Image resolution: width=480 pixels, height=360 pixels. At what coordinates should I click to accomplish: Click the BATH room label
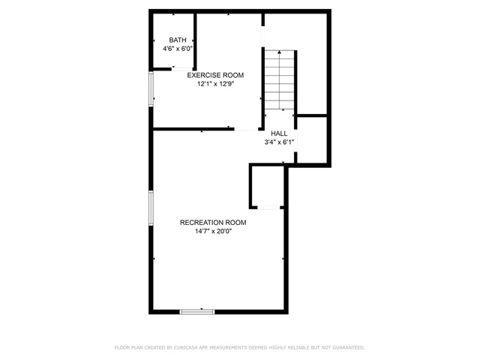[x=178, y=40]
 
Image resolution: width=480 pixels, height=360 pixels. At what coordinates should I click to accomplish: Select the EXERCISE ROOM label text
[x=215, y=75]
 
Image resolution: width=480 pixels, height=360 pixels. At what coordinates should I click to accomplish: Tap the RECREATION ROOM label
[x=213, y=223]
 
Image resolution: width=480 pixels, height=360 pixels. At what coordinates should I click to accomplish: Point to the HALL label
[x=279, y=133]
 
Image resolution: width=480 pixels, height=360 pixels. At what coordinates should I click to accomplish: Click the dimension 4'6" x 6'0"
[x=178, y=49]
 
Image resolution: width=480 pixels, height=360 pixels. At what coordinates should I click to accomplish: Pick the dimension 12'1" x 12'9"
[x=215, y=84]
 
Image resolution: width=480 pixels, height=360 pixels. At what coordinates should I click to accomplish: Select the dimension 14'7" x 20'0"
[x=213, y=231]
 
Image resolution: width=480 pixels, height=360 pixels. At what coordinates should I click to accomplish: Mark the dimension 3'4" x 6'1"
[x=279, y=142]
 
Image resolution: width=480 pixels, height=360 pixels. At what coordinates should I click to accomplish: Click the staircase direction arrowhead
[x=280, y=52]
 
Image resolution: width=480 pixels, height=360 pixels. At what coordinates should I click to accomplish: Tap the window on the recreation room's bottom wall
[x=197, y=312]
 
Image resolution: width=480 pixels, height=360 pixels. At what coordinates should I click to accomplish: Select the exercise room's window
[x=151, y=88]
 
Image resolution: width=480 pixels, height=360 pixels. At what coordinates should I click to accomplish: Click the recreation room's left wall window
[x=151, y=208]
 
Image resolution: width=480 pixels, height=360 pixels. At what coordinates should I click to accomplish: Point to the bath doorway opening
[x=182, y=69]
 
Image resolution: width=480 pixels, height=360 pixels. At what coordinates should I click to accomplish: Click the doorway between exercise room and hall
[x=247, y=129]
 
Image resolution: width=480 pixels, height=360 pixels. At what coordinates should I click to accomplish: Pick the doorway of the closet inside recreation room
[x=268, y=208]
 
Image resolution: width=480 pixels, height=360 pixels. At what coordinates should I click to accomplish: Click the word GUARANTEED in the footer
[x=348, y=347]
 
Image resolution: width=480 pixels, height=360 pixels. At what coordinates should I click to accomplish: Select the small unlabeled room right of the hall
[x=312, y=140]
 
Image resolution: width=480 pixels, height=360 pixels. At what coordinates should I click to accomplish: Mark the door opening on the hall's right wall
[x=295, y=140]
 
